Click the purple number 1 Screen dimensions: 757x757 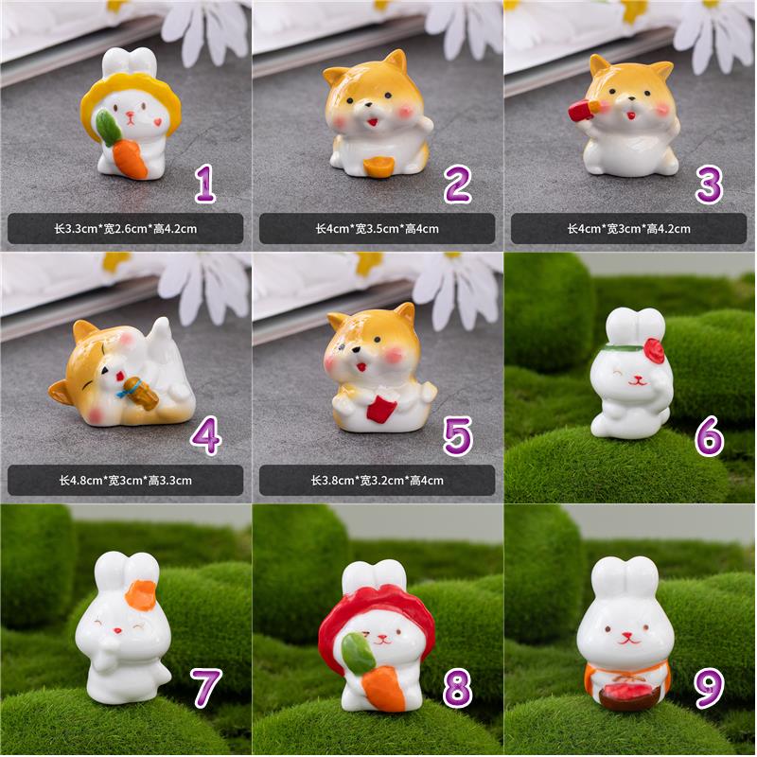[x=205, y=184]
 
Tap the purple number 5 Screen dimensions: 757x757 [x=457, y=436]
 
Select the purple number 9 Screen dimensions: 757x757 [x=709, y=688]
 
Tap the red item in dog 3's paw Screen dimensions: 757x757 [x=584, y=109]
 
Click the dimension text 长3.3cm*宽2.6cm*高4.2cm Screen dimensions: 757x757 [x=126, y=229]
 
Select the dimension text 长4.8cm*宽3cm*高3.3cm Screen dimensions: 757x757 [x=126, y=481]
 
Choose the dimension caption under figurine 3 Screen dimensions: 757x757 [x=628, y=229]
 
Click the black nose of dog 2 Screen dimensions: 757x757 [x=367, y=104]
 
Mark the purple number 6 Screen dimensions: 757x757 [x=709, y=437]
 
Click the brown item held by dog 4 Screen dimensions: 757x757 [x=141, y=390]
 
